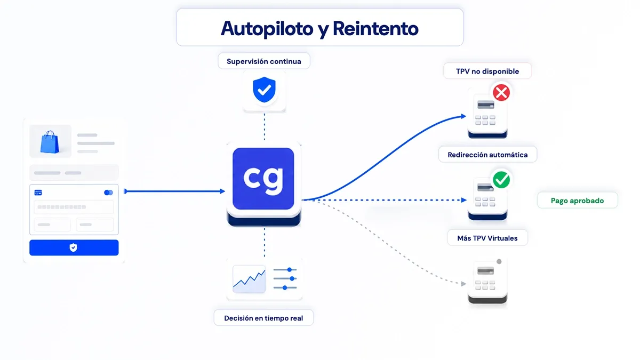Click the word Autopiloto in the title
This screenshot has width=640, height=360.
[x=267, y=29]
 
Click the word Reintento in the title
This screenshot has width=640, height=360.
[x=375, y=29]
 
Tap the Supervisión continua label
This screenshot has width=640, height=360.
[x=263, y=61]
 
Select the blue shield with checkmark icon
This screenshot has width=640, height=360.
[x=265, y=90]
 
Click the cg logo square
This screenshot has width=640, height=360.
[x=263, y=179]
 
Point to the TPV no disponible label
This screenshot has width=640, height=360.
[x=487, y=71]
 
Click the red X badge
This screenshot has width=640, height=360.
[x=501, y=93]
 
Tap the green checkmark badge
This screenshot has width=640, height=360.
[x=501, y=180]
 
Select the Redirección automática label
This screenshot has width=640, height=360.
[x=487, y=155]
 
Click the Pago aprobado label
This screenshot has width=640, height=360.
[x=578, y=201]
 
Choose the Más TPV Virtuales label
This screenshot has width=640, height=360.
[x=487, y=238]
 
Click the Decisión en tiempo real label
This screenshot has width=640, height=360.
[x=263, y=318]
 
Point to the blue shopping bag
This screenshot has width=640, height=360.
[x=50, y=142]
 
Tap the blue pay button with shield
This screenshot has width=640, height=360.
[x=74, y=247]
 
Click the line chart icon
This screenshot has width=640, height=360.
[x=249, y=279]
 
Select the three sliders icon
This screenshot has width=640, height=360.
[x=285, y=278]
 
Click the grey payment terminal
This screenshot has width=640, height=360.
[x=487, y=282]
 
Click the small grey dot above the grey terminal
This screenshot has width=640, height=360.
[x=499, y=261]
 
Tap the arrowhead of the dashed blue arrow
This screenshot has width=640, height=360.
[x=464, y=200]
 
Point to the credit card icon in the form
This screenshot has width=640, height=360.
[x=38, y=193]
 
